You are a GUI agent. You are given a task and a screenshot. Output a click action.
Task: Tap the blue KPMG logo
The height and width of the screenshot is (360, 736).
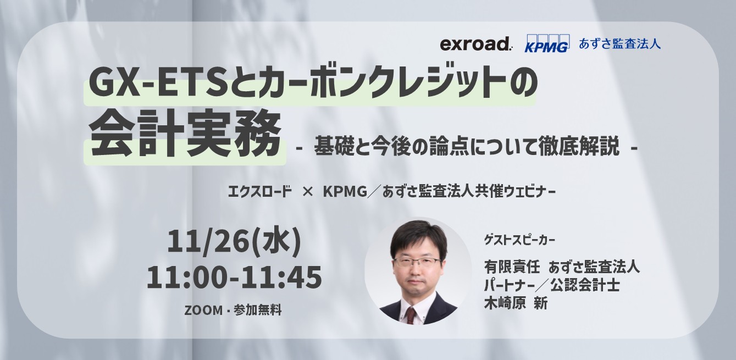tap(546, 44)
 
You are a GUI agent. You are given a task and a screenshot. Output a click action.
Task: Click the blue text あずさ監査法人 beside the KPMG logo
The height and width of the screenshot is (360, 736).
tap(619, 43)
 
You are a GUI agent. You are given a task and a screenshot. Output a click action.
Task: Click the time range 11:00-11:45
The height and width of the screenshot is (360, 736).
tap(234, 278)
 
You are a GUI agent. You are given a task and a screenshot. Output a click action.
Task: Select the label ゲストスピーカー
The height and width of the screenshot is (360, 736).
tap(519, 240)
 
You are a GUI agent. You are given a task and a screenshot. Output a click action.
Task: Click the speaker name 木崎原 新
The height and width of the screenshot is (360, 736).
tap(515, 303)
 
